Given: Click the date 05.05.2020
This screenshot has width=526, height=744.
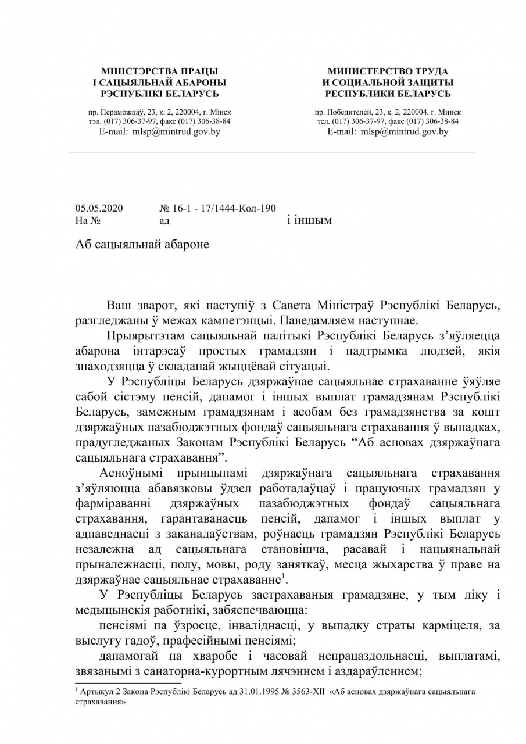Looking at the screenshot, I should pos(99,208).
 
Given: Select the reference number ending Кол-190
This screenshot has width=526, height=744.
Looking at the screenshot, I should pos(217,208).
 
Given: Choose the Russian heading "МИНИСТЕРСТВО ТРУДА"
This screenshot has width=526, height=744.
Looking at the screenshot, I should pos(388,71).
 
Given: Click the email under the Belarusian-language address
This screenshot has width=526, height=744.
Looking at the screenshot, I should pos(160,131).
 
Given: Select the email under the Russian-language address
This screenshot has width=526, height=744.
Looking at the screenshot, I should pos(388,131).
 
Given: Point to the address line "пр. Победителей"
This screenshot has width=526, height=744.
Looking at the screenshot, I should pos(388,112).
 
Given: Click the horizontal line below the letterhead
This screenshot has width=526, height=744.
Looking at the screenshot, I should pos(272,152).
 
